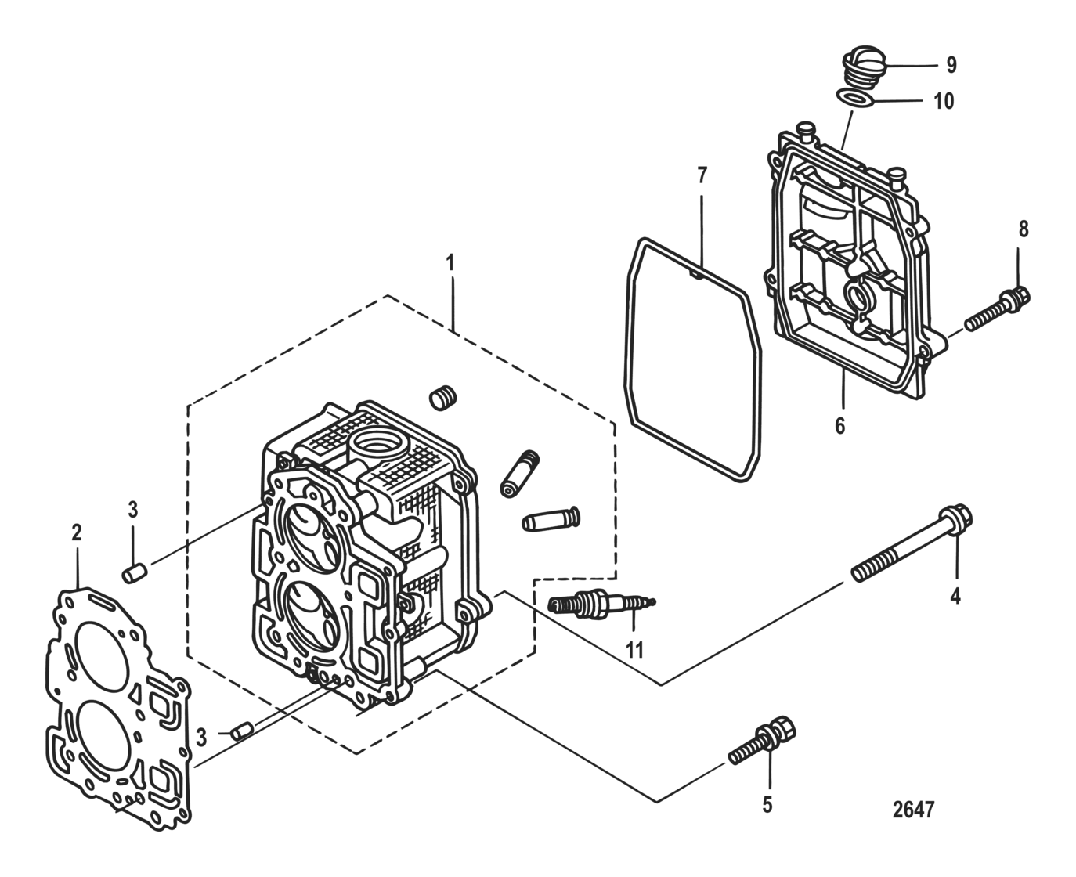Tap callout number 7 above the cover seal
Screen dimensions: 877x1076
[x=701, y=175]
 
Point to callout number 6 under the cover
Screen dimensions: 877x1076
[x=839, y=426]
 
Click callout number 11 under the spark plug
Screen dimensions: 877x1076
[x=634, y=649]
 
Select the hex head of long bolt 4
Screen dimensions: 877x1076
[x=957, y=518]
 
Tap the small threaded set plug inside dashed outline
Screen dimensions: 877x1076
[x=442, y=398]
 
